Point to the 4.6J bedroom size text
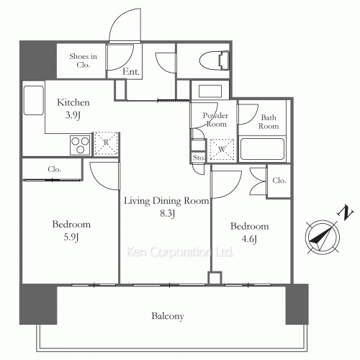pyautogui.click(x=249, y=238)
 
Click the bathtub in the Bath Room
pyautogui.click(x=263, y=149)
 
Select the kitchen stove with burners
pyautogui.click(x=80, y=144)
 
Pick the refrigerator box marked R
pyautogui.click(x=107, y=143)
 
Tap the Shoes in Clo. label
pyautogui.click(x=83, y=60)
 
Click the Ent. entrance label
pyautogui.click(x=130, y=71)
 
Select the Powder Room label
pyautogui.click(x=215, y=120)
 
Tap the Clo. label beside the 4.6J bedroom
pyautogui.click(x=279, y=180)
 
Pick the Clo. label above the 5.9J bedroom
pyautogui.click(x=55, y=169)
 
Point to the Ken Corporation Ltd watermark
pyautogui.click(x=181, y=253)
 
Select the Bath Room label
pyautogui.click(x=269, y=121)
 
